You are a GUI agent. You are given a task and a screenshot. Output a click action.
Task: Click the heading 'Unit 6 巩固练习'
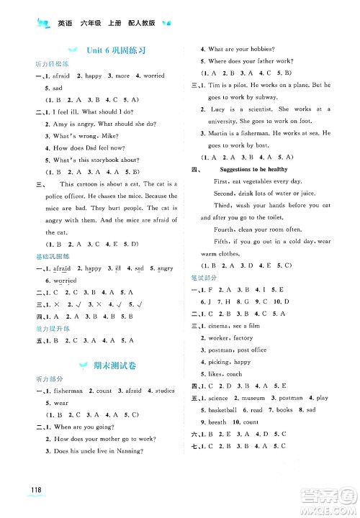pos(117,50)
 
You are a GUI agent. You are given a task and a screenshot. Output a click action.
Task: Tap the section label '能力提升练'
pos(49,327)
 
